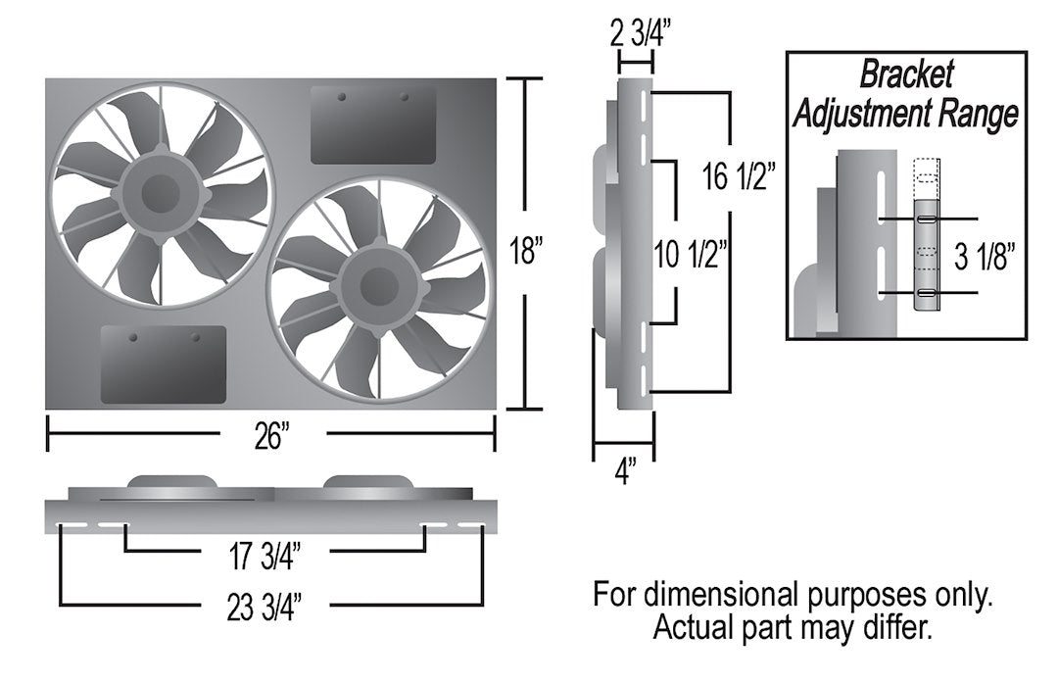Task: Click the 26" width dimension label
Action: tap(269, 436)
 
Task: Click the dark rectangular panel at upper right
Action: tap(373, 124)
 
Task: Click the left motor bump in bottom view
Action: tap(171, 483)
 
